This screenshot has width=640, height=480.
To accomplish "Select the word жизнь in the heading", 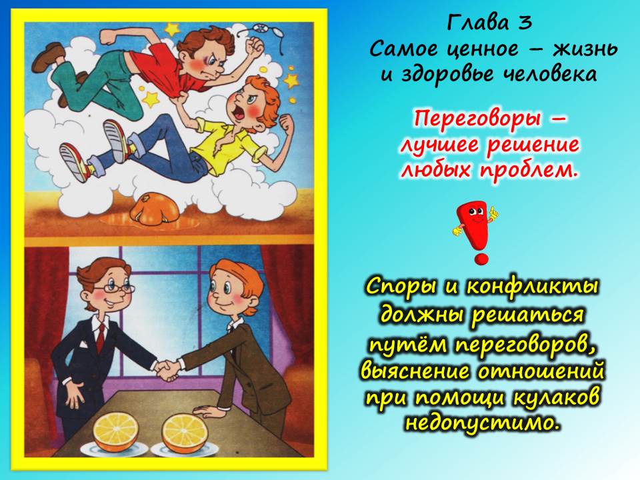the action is [585, 49].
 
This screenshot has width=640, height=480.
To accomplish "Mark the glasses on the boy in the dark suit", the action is [115, 288].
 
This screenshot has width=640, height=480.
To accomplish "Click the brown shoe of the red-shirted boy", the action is [49, 57].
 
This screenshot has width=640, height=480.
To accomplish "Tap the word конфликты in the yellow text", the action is [533, 287].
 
